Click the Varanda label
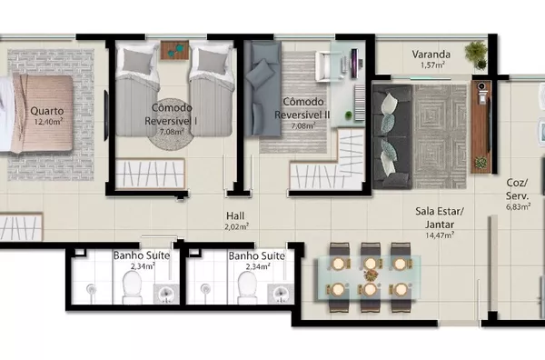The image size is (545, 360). point(431,55)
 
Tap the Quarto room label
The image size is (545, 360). point(47,111)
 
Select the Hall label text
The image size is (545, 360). point(235,215)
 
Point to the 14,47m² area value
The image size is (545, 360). point(440,235)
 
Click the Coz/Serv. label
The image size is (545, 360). point(517,189)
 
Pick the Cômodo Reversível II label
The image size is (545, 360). point(302,108)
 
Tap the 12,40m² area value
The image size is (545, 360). point(48,122)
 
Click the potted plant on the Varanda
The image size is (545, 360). point(476,55)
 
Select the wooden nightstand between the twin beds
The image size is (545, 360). point(174,50)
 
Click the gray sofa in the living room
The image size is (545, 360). point(392,136)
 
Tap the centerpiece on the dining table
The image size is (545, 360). point(371,275)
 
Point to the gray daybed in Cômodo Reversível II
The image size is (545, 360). point(263,89)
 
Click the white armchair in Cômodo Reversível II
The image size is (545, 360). point(327,66)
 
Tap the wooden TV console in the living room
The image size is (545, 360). point(481,127)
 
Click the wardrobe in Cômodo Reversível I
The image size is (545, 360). point(150,174)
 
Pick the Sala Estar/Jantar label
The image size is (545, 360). point(440,218)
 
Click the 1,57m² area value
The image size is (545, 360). point(432,65)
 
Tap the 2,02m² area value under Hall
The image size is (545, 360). point(236,226)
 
